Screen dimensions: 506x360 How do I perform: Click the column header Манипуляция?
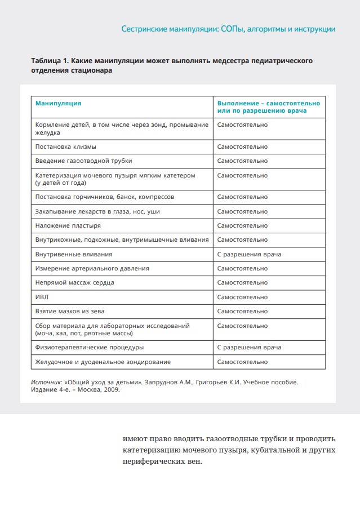click(58, 104)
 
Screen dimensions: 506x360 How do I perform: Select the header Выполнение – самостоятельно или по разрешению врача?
click(268, 107)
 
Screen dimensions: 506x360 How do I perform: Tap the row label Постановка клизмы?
click(65, 147)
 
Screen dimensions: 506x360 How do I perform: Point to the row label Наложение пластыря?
click(68, 225)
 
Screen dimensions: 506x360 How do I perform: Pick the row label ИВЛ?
click(41, 297)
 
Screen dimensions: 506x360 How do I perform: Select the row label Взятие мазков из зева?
click(69, 311)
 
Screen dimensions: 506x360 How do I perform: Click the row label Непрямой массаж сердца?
click(75, 282)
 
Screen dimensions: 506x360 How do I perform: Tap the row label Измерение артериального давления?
click(92, 268)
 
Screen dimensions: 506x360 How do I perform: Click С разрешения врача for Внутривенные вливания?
click(249, 254)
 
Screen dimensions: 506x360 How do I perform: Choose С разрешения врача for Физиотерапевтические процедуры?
click(249, 347)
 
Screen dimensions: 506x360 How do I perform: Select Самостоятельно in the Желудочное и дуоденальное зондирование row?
click(242, 362)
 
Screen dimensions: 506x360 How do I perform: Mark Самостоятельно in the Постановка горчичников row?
click(242, 197)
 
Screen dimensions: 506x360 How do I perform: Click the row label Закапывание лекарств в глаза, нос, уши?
click(97, 211)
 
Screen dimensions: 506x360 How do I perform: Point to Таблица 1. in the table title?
click(50, 60)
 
